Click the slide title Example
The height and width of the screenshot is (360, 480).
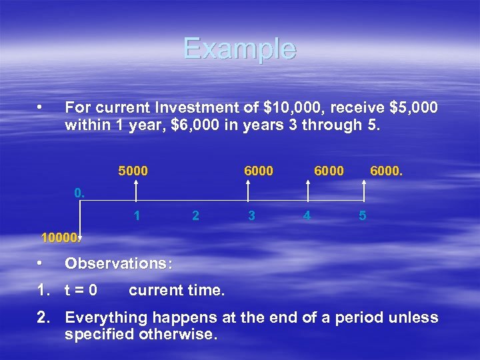pyautogui.click(x=239, y=49)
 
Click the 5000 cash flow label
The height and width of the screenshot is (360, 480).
pyautogui.click(x=133, y=171)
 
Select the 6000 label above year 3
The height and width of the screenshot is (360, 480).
pyautogui.click(x=258, y=171)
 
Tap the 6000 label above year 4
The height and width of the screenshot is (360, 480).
pyautogui.click(x=329, y=171)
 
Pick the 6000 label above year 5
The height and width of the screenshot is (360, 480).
pyautogui.click(x=387, y=171)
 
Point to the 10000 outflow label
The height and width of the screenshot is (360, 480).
pyautogui.click(x=60, y=237)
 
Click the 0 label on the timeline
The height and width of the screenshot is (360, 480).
pyautogui.click(x=79, y=193)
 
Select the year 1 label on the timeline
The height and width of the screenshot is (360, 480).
pyautogui.click(x=137, y=216)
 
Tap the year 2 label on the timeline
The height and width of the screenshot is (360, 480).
pyautogui.click(x=195, y=216)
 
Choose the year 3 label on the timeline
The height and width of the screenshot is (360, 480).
pyautogui.click(x=251, y=216)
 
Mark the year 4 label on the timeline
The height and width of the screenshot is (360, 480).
pyautogui.click(x=307, y=216)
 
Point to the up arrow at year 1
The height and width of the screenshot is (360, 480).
pyautogui.click(x=136, y=191)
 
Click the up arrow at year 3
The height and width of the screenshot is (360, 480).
pyautogui.click(x=248, y=191)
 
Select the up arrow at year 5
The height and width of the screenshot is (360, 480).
pyautogui.click(x=365, y=191)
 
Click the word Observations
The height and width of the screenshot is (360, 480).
pyautogui.click(x=118, y=263)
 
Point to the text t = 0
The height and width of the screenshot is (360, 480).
pyautogui.click(x=81, y=291)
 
